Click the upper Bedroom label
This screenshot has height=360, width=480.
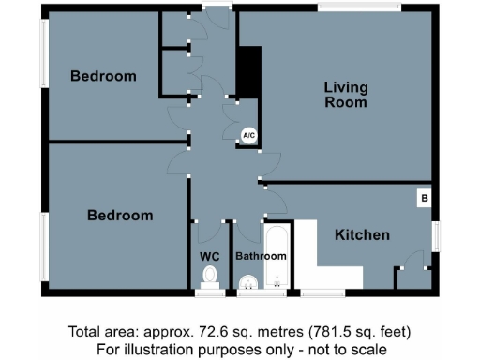(103, 76)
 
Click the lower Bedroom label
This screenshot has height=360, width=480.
(120, 216)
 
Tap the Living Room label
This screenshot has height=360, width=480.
(346, 95)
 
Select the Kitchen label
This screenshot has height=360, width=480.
(362, 235)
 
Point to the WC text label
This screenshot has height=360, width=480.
(209, 256)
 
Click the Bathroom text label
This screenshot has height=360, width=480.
(261, 256)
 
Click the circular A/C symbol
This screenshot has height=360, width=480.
(248, 136)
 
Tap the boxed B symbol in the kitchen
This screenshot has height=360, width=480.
(424, 199)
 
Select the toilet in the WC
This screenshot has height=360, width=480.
(210, 276)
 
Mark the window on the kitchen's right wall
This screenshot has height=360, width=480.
(435, 235)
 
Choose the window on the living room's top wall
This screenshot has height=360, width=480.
(361, 8)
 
